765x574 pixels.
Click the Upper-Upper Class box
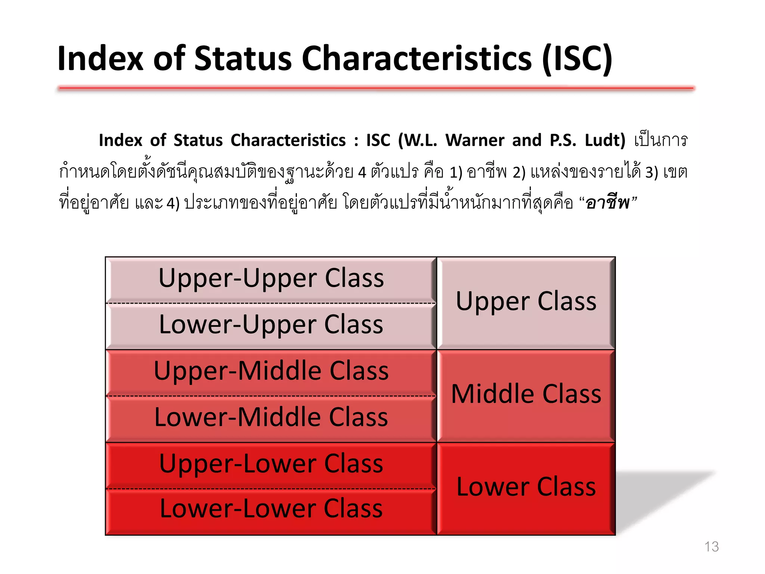(271, 279)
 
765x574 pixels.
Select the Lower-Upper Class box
(271, 325)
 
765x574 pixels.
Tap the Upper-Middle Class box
(271, 371)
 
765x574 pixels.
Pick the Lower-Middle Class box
(271, 418)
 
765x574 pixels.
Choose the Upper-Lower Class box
(271, 465)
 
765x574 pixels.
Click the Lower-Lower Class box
(271, 510)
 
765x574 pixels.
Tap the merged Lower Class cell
(526, 487)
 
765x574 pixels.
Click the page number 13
(711, 547)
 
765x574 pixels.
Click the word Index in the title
(100, 59)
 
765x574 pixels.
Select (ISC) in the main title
(577, 59)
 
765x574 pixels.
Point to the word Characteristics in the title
(416, 59)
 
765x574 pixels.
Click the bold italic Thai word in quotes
(608, 203)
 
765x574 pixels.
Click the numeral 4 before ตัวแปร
(362, 173)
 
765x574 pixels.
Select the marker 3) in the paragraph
(651, 173)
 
